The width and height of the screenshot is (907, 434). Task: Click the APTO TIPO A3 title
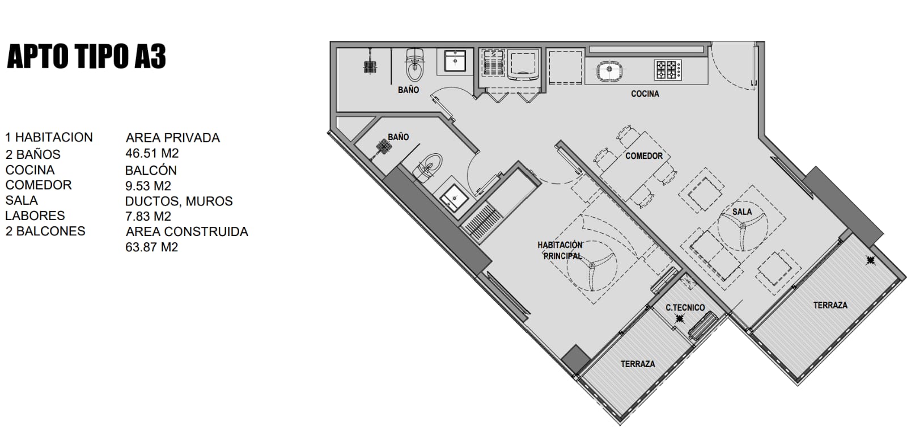coord(86,56)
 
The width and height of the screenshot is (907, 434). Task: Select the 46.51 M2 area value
coord(152,153)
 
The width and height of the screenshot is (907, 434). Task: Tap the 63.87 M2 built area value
coord(151,247)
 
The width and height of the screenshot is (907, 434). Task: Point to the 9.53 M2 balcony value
coord(148,186)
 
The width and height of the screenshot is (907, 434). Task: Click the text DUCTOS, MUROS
coord(179,201)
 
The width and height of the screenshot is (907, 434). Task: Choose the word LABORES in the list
coord(35,216)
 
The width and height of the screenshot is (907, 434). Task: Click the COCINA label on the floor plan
coord(645,94)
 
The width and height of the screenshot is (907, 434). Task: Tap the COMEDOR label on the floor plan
coord(644,155)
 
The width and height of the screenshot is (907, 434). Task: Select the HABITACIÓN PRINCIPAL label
coord(561,250)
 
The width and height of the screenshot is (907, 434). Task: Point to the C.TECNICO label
coord(685,307)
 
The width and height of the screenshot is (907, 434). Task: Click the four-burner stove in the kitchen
coord(668,69)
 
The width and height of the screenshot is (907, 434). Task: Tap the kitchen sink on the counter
coord(609,71)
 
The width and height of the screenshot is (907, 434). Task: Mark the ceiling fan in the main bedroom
coord(592,266)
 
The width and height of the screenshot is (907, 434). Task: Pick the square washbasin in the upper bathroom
coord(455,61)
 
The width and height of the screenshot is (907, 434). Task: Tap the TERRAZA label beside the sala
coord(830,305)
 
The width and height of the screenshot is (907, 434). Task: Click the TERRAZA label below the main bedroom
coord(638,364)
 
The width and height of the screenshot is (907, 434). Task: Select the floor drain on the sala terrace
coord(870,260)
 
